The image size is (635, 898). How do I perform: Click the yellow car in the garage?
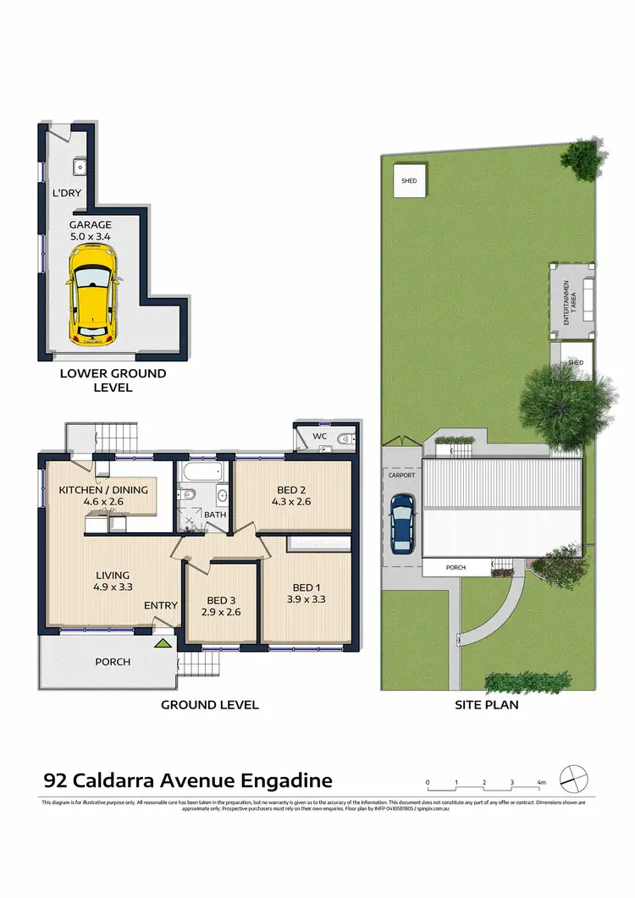point(91,303)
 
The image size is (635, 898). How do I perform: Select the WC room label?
point(319,437)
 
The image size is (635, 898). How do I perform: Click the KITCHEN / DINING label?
point(103,489)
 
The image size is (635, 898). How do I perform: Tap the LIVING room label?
point(112,572)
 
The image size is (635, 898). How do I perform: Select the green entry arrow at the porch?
point(162,643)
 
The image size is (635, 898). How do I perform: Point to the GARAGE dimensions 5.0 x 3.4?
point(91,238)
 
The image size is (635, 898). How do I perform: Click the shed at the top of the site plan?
point(409,181)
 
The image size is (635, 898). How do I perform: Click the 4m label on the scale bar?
point(541,783)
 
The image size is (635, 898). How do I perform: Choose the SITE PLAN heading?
point(486,704)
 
